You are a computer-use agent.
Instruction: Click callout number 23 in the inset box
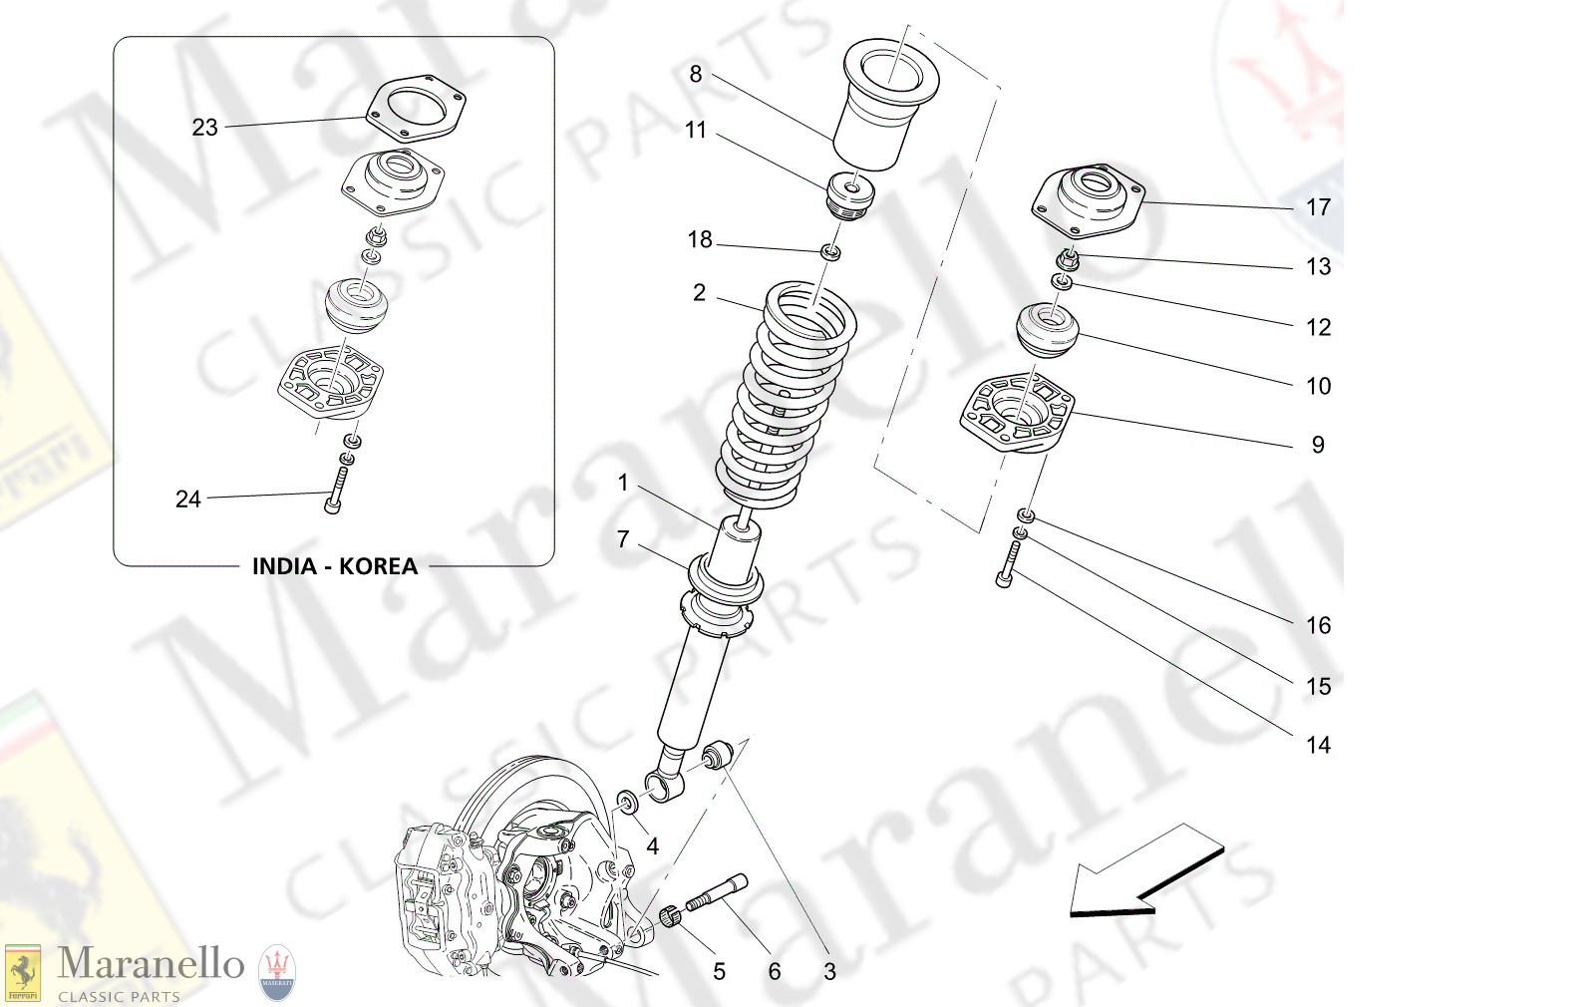[204, 128]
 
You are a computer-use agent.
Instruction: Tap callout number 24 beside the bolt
[187, 500]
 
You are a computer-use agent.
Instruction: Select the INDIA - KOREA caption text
[334, 566]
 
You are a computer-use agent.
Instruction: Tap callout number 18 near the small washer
[699, 240]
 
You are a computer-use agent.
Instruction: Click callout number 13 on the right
[1318, 267]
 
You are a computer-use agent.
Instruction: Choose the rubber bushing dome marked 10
[1047, 331]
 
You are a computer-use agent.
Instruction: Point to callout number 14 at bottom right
[1318, 746]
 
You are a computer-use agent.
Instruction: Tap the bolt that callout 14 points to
[1009, 564]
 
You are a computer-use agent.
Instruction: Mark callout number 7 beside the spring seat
[623, 540]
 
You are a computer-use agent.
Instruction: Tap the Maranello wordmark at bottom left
[151, 964]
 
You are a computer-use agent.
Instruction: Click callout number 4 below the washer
[652, 847]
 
